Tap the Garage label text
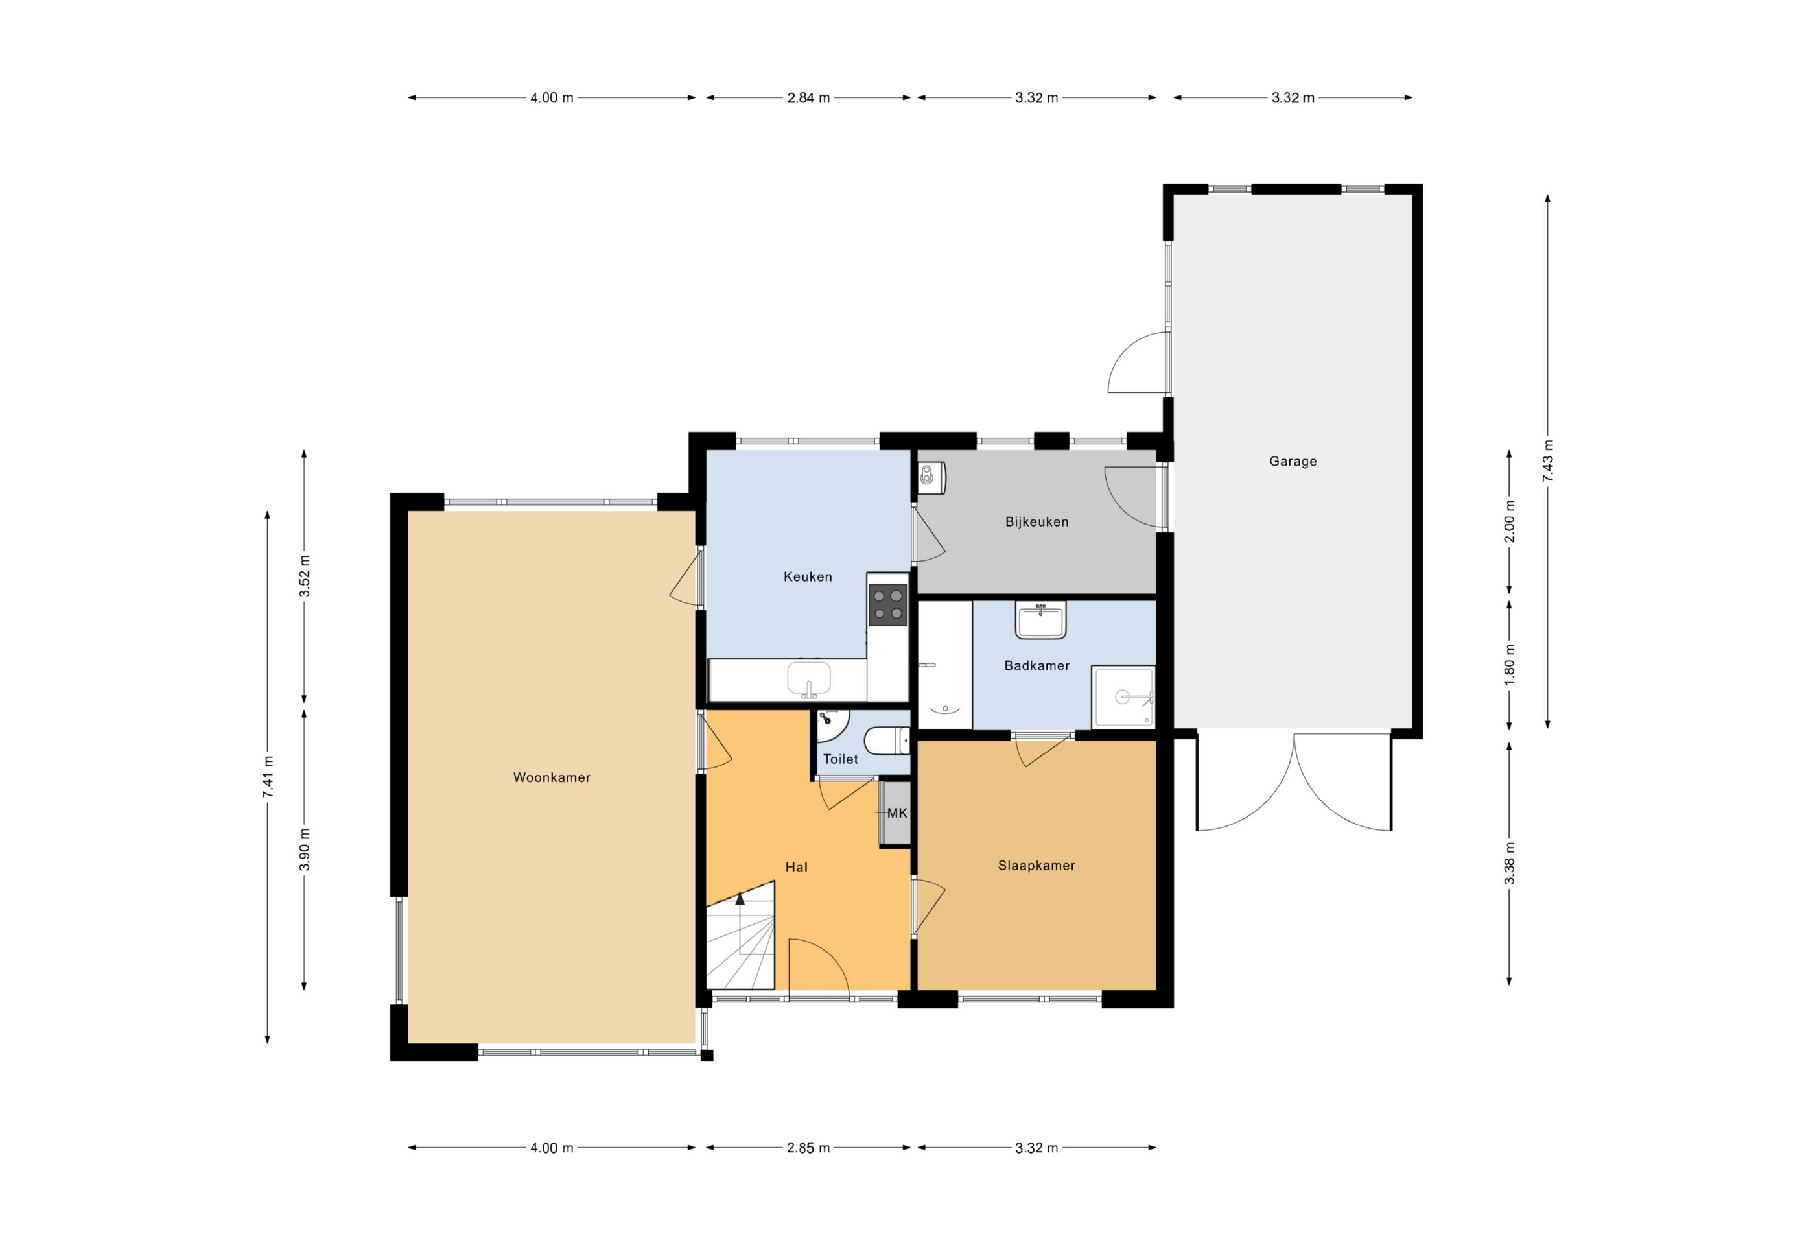point(1293,461)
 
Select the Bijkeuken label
point(1036,522)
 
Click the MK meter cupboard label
point(897,813)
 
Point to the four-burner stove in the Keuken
point(888,606)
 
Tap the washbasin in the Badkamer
point(1040,619)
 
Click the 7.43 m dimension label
point(1548,461)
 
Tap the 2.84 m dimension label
point(808,98)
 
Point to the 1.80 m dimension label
point(1510,665)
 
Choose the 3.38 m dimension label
point(1510,864)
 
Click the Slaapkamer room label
point(1036,866)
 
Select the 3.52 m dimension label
point(305,576)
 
